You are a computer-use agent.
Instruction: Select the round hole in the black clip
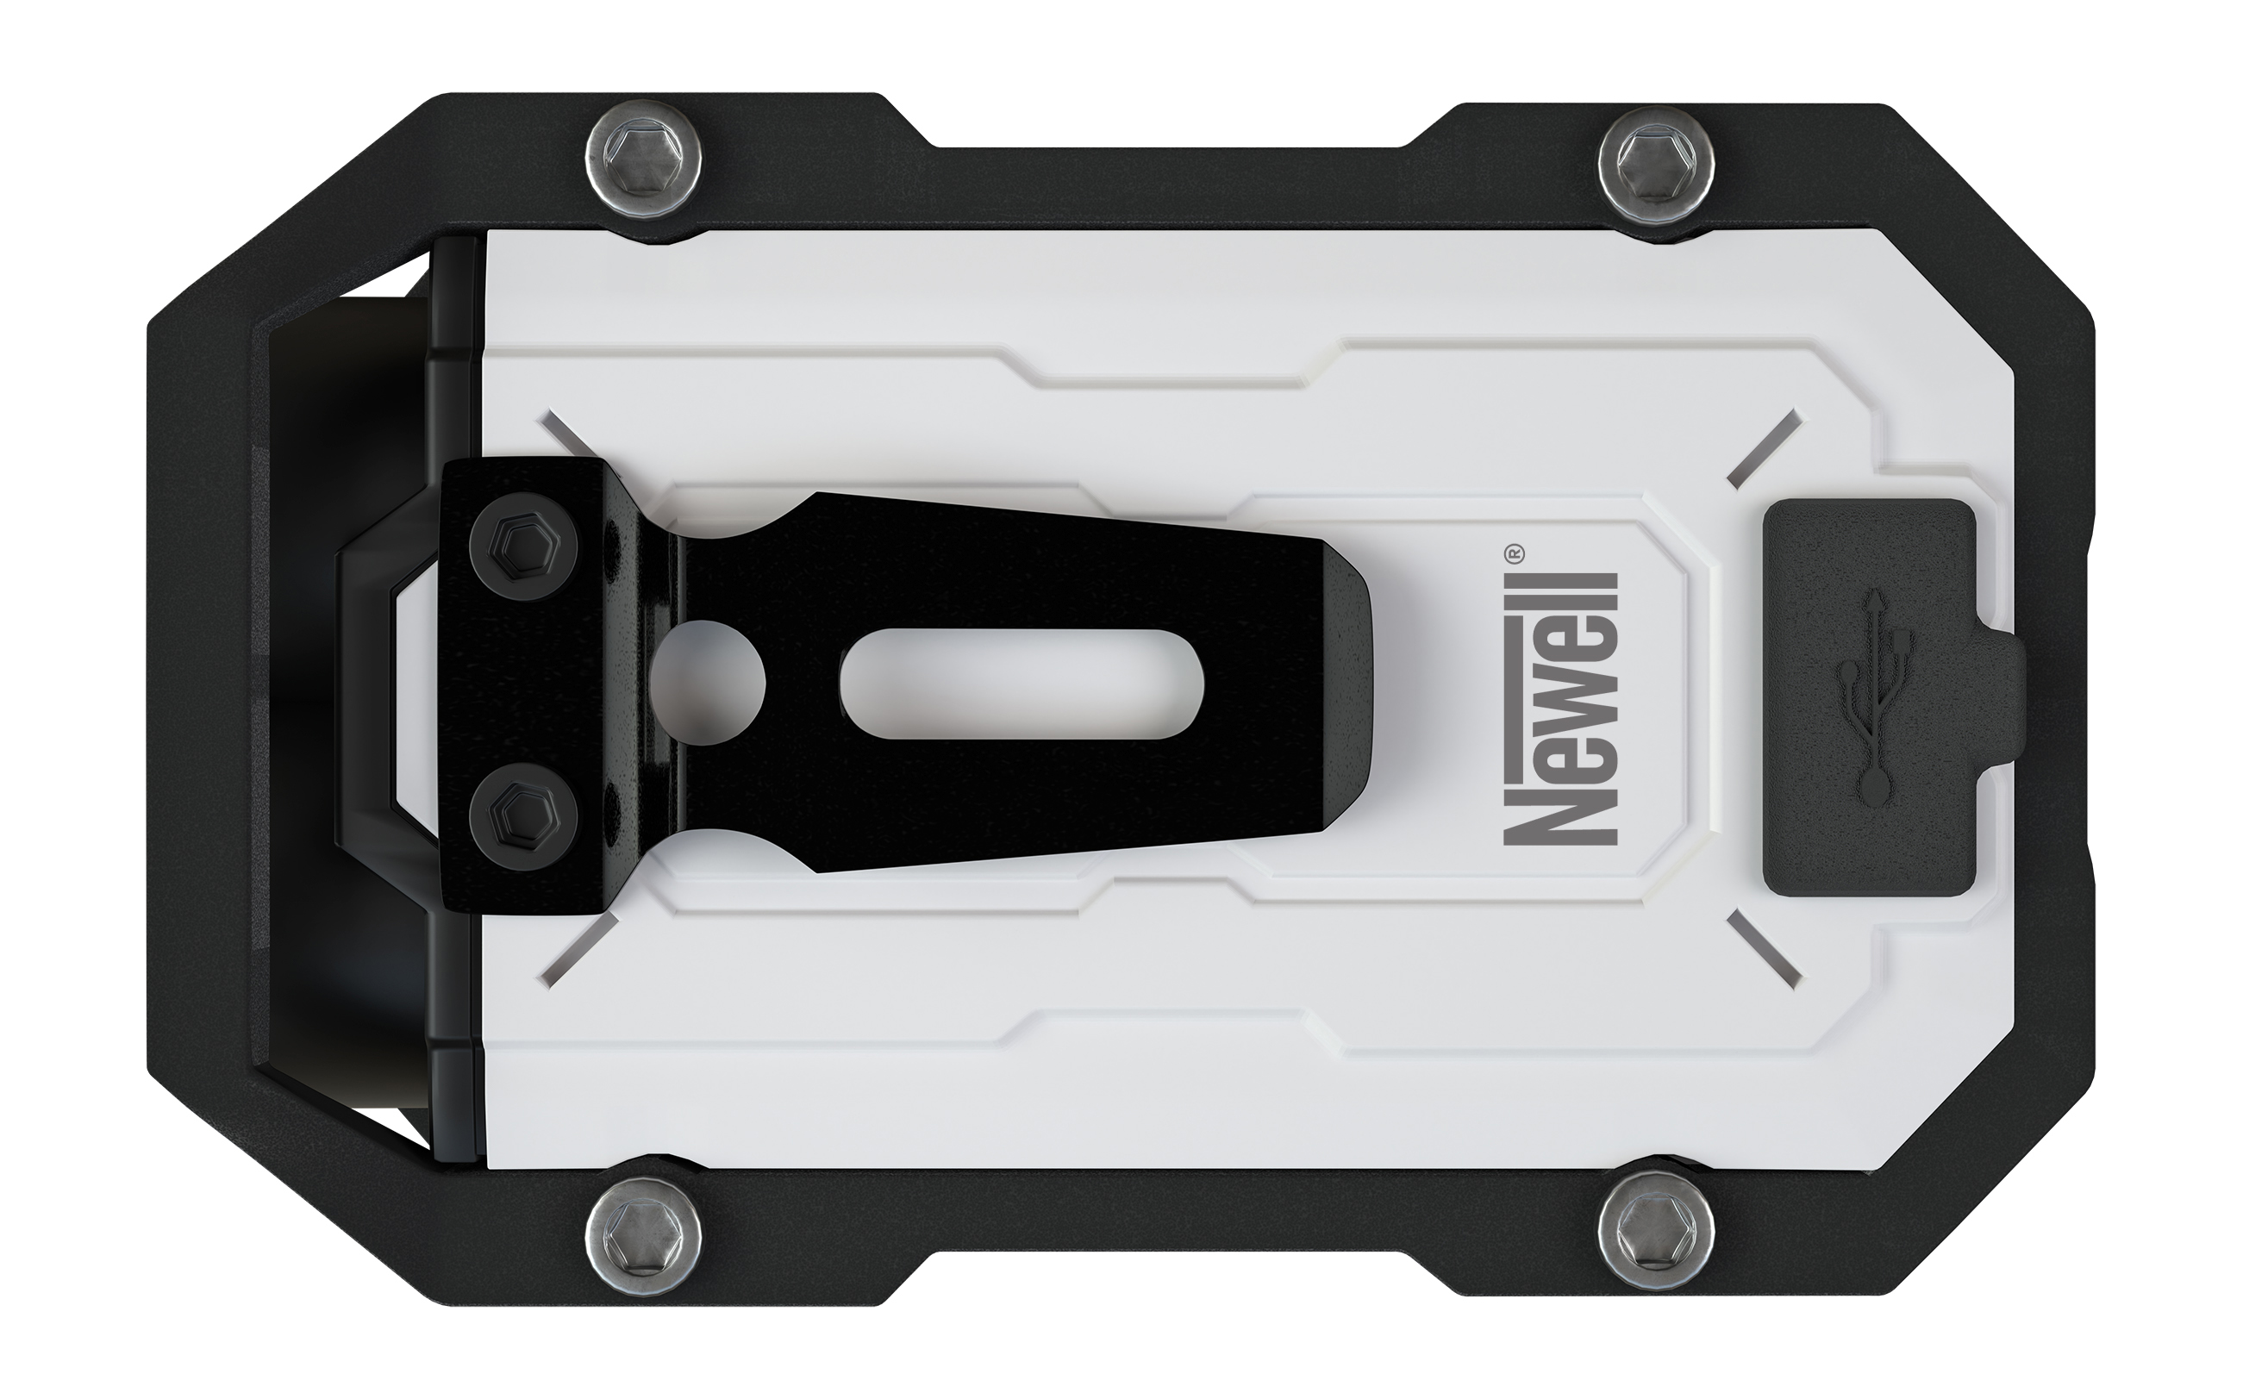click(x=708, y=683)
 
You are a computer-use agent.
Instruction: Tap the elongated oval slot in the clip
click(x=1022, y=684)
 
